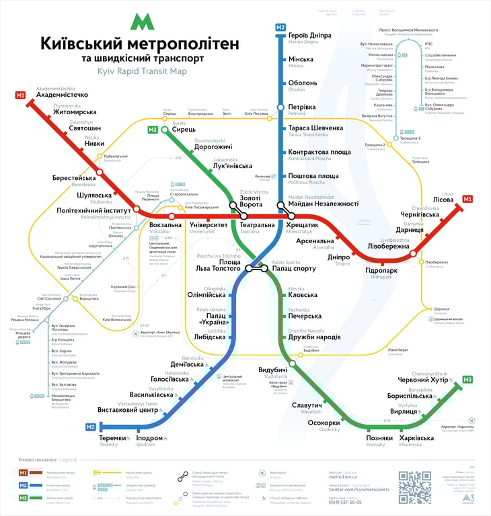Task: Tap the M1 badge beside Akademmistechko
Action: pos(20,95)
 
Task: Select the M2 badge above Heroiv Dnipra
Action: pos(280,28)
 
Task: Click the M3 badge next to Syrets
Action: pos(153,130)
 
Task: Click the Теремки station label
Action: pos(112,438)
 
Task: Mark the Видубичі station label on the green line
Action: pos(273,370)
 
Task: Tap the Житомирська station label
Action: pos(75,112)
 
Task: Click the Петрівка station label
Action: pos(302,107)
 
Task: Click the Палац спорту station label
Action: pos(294,268)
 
